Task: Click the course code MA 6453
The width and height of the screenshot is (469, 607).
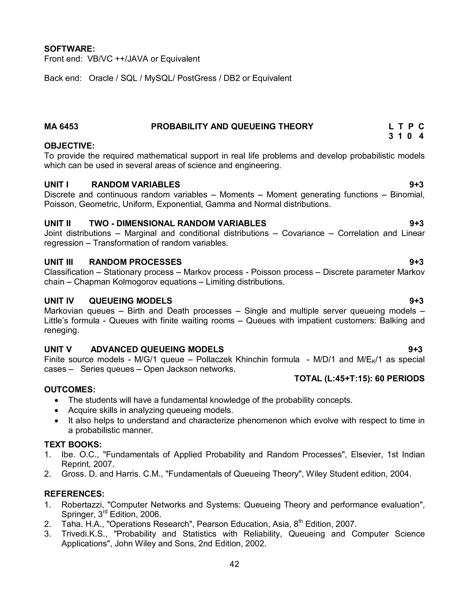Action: [61, 126]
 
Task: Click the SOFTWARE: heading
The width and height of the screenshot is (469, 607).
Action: [69, 49]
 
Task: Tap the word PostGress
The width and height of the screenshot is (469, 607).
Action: [197, 78]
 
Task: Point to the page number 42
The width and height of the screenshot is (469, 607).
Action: [234, 564]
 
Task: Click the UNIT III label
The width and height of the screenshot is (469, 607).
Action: [59, 262]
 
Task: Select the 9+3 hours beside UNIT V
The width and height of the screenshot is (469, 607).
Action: [415, 349]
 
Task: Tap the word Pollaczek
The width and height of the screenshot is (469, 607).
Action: [214, 359]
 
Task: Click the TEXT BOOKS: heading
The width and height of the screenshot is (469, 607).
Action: [73, 444]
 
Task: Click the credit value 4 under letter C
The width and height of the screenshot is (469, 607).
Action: [421, 136]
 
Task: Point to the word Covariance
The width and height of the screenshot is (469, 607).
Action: [303, 233]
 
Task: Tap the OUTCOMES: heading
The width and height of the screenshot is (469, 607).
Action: [70, 389]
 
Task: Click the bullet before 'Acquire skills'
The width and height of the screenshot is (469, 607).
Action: [57, 410]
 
